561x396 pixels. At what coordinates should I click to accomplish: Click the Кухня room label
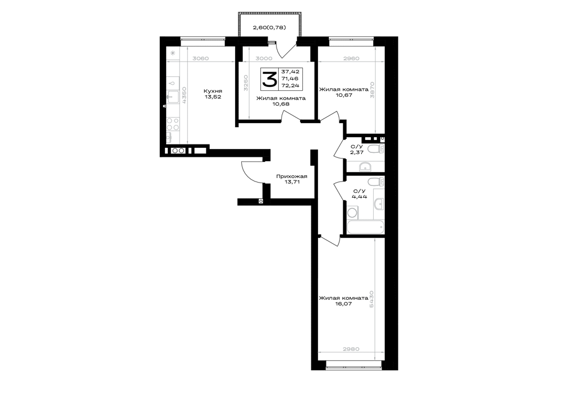pyautogui.click(x=213, y=91)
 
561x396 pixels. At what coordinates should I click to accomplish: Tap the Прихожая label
pyautogui.click(x=292, y=176)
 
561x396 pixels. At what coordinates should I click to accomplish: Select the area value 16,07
pyautogui.click(x=333, y=304)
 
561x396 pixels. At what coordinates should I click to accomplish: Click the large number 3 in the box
pyautogui.click(x=269, y=79)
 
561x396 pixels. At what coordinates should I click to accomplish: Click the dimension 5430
pyautogui.click(x=372, y=299)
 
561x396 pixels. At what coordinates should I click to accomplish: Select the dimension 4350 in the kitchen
pyautogui.click(x=184, y=95)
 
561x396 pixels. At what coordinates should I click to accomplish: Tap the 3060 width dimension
pyautogui.click(x=200, y=59)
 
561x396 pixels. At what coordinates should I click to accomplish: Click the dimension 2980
pyautogui.click(x=351, y=349)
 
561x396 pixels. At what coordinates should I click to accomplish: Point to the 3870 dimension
pyautogui.click(x=372, y=91)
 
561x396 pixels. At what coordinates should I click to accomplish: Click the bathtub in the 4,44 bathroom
pyautogui.click(x=366, y=227)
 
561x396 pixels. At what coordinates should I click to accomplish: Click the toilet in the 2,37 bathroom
pyautogui.click(x=376, y=149)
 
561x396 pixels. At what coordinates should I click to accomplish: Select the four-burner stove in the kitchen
pyautogui.click(x=173, y=124)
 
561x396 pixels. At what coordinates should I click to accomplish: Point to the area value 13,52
pyautogui.click(x=213, y=97)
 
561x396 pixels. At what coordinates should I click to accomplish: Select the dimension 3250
pyautogui.click(x=246, y=83)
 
